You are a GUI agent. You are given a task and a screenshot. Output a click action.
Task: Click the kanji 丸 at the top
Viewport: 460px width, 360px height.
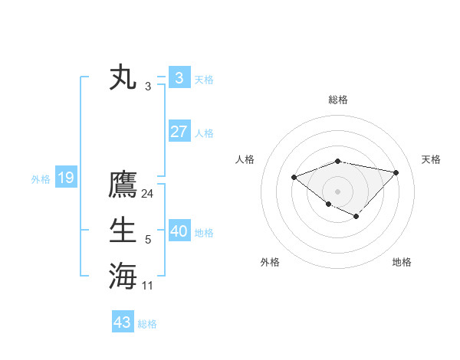tap(123, 78)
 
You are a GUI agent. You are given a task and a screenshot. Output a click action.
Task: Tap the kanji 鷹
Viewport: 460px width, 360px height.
tap(123, 186)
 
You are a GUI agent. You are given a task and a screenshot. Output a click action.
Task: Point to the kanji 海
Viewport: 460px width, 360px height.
tap(123, 275)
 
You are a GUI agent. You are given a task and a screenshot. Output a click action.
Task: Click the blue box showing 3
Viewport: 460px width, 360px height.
tap(179, 77)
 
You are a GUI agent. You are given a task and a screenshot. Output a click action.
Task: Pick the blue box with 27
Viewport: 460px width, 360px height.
tap(179, 131)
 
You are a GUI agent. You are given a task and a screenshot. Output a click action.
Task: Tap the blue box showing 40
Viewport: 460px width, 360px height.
tap(179, 231)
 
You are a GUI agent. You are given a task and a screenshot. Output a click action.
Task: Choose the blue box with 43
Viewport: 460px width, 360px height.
tap(123, 322)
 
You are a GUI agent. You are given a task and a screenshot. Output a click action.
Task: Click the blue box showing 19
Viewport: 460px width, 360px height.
tap(66, 178)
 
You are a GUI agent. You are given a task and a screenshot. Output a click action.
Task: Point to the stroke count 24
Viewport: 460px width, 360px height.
tap(148, 194)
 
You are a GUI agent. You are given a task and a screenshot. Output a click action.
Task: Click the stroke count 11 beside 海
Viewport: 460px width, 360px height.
tap(148, 286)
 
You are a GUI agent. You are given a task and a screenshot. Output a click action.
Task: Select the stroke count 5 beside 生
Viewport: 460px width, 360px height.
tap(148, 241)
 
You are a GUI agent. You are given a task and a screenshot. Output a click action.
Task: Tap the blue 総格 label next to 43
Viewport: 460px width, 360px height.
tap(147, 324)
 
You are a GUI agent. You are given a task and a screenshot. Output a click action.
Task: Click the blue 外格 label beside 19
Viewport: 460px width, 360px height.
tap(41, 179)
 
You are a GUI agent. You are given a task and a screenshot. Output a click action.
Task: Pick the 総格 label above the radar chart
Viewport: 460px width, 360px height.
tap(338, 100)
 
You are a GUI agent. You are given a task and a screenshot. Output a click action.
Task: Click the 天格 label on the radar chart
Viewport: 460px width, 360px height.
tap(432, 159)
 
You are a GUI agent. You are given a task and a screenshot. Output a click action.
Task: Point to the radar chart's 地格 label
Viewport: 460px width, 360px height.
tap(402, 262)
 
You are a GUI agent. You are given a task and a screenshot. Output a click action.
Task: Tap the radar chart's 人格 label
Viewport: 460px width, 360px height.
tap(245, 159)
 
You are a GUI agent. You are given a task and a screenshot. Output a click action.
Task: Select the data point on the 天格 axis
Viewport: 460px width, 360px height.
tap(396, 172)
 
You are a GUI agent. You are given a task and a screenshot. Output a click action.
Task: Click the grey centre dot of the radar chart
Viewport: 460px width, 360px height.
tap(338, 191)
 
